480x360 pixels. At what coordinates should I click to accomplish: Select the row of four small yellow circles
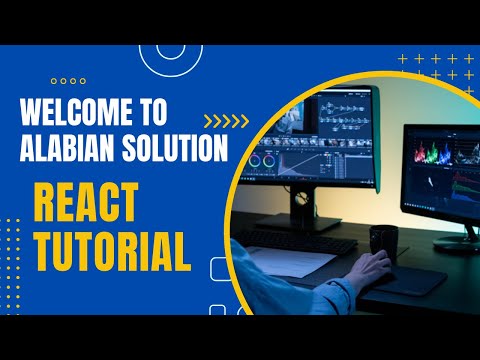pyautogui.click(x=67, y=81)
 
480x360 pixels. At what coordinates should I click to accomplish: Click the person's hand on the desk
pyautogui.click(x=371, y=267)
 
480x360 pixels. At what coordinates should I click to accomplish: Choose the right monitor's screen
pyautogui.click(x=441, y=170)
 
